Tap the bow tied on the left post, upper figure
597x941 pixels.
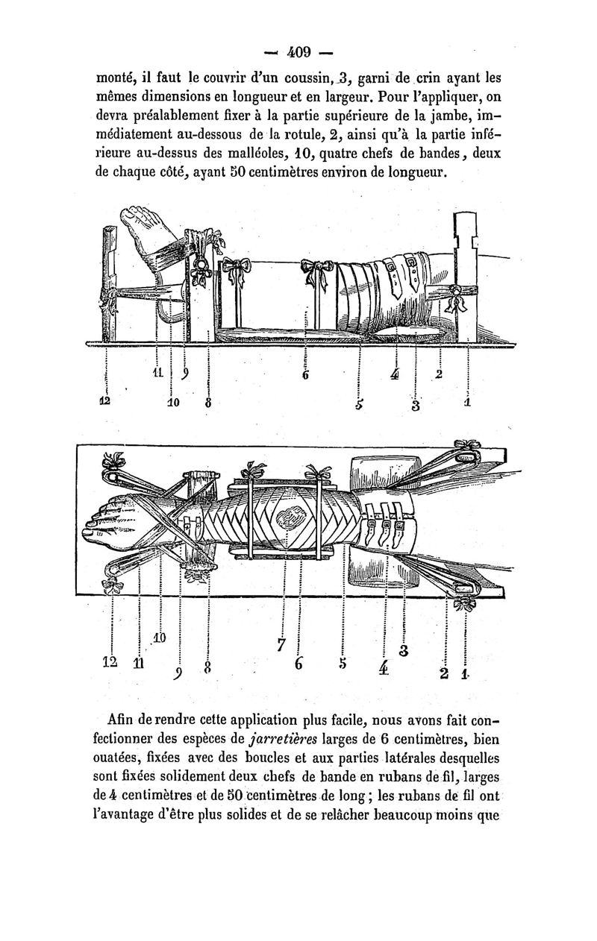108,301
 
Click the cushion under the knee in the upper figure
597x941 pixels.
407,332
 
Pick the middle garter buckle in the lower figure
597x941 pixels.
387,523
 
